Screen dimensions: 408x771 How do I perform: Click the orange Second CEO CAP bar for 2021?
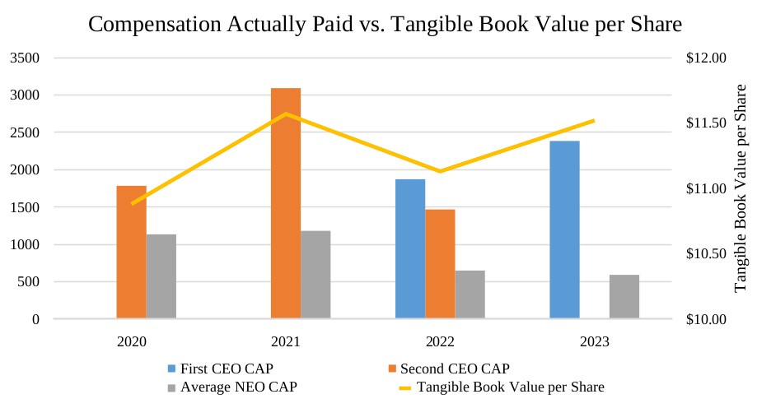click(286, 203)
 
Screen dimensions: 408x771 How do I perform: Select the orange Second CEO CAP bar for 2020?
click(131, 252)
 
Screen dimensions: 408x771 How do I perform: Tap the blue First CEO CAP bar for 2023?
click(564, 229)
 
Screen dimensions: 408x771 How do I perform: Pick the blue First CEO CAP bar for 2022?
click(410, 248)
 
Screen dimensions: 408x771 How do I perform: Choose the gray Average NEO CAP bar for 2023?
click(624, 296)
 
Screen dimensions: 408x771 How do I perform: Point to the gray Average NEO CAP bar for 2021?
click(315, 274)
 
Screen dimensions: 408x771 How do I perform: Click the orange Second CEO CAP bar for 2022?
click(440, 264)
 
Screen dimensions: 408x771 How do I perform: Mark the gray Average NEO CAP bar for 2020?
click(161, 276)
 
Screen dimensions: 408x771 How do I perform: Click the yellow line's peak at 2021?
click(286, 114)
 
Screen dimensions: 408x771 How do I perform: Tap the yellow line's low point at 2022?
click(440, 171)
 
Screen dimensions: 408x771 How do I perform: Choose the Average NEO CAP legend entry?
click(232, 387)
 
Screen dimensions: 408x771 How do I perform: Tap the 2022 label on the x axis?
click(439, 340)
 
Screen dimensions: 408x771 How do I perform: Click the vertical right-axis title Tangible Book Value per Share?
click(741, 188)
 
